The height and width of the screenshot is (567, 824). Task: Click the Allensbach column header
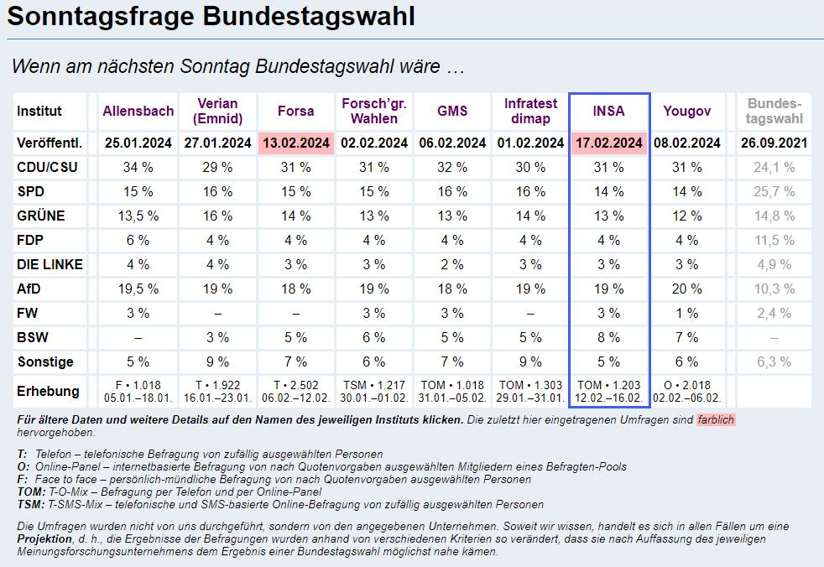coord(138,111)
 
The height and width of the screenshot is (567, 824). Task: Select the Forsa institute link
coord(295,111)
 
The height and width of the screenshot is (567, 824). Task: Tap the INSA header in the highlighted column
coord(609,111)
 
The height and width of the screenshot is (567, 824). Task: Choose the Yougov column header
coord(686,111)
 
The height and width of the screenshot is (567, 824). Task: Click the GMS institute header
coord(452,111)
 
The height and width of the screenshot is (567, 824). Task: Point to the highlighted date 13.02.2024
coord(295,143)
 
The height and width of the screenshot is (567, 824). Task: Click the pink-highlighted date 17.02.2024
coord(609,143)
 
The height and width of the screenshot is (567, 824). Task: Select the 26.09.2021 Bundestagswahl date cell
coord(774,143)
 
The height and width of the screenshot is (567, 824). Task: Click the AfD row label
coord(29,289)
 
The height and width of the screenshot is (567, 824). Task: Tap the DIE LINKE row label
coord(50,265)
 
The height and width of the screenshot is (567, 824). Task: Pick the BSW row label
coord(31,338)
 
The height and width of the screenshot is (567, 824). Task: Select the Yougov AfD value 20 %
coord(686,289)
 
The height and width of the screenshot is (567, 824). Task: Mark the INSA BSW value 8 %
coord(609,338)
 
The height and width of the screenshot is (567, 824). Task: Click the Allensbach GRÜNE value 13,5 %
coord(138,216)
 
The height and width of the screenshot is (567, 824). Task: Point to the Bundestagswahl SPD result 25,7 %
coord(774,192)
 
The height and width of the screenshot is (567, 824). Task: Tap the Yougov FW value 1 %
coord(686,314)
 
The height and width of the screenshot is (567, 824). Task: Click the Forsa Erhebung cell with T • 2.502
coord(295,392)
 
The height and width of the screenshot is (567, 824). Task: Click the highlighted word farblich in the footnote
coord(716,419)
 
